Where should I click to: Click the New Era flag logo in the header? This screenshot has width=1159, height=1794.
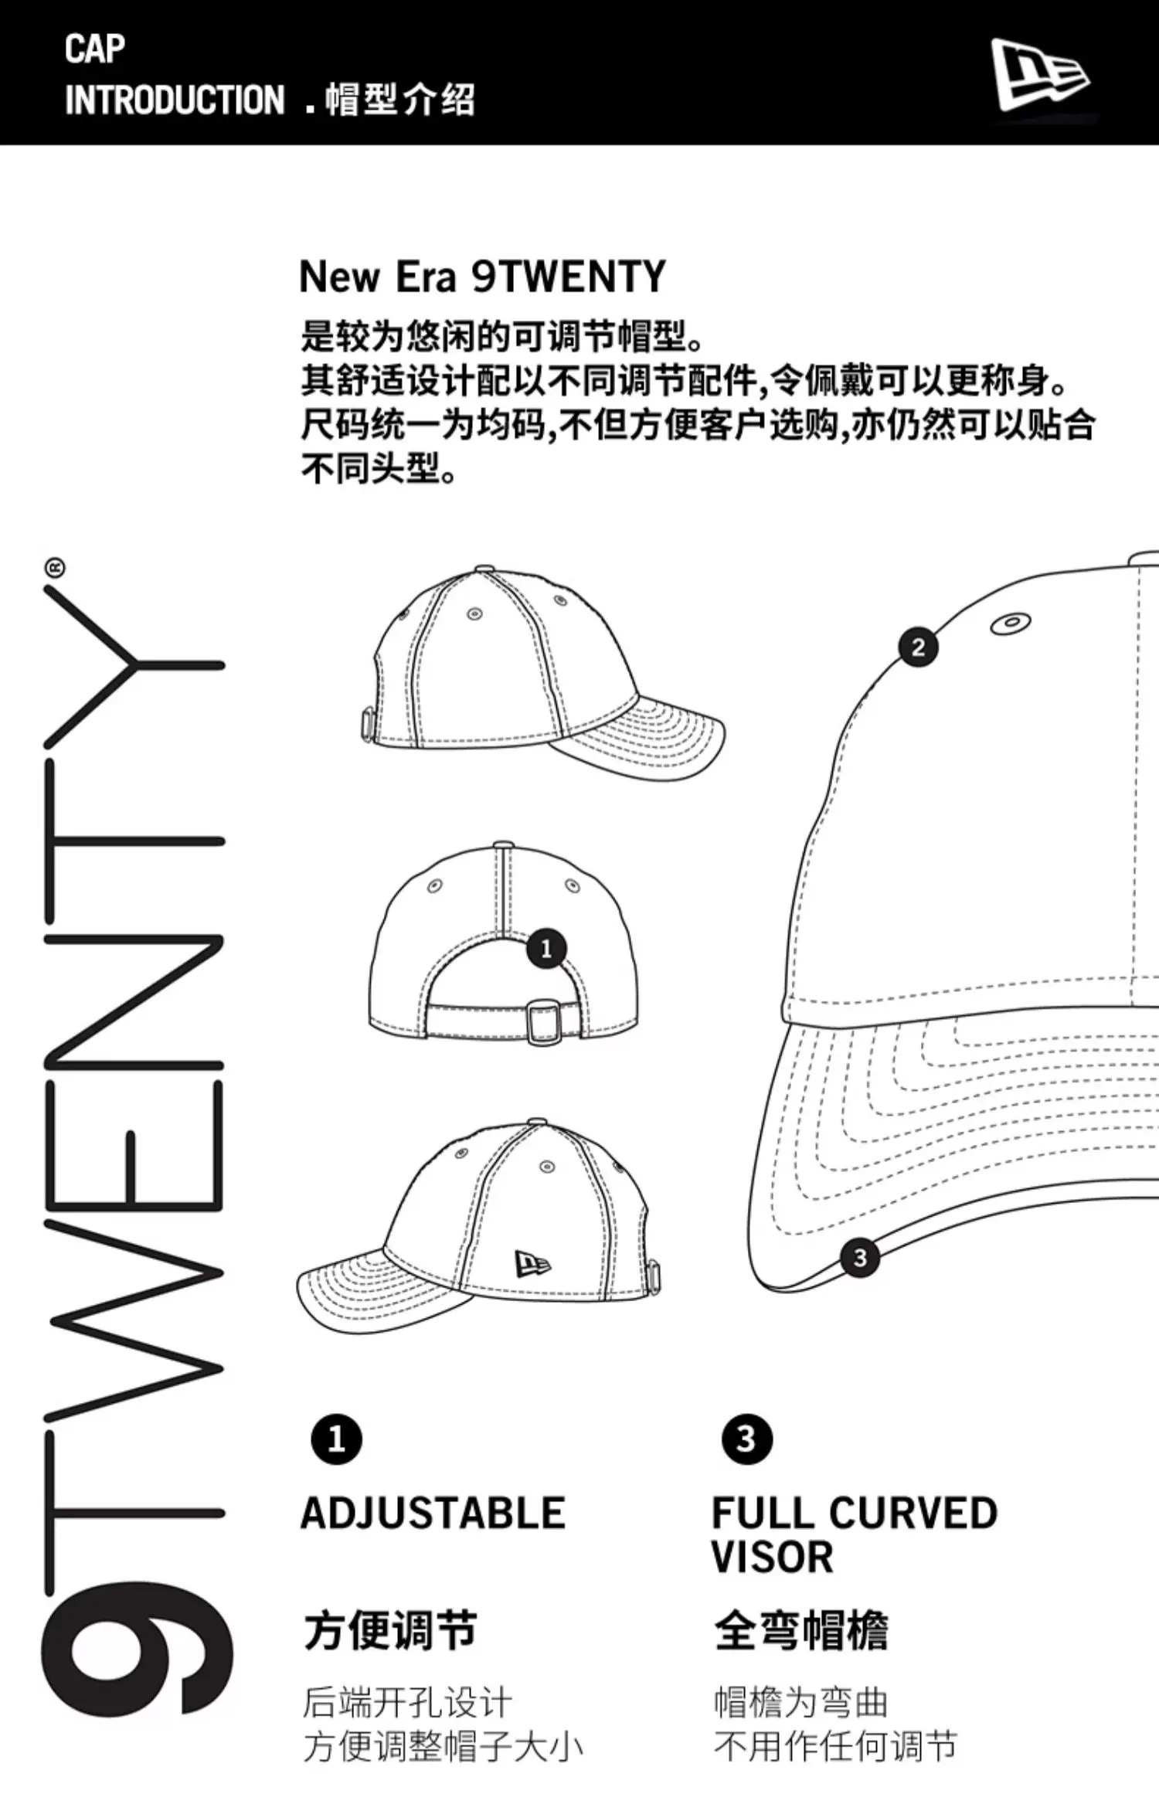1040,75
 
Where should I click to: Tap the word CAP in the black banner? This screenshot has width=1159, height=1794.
94,49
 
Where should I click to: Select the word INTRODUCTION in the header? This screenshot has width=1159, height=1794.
175,100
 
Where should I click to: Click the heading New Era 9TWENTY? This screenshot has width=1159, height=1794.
482,277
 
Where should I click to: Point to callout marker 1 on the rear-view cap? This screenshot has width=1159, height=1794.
546,949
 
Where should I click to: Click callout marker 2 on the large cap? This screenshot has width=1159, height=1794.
918,647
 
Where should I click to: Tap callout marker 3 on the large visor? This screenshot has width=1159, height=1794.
859,1258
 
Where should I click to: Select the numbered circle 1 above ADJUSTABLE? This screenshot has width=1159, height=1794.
336,1439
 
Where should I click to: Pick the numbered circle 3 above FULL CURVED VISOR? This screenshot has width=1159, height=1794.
746,1439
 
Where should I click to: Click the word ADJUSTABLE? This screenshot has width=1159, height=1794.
433,1513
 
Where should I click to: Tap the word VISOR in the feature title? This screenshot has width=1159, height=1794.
772,1557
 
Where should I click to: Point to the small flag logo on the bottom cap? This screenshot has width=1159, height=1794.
533,1265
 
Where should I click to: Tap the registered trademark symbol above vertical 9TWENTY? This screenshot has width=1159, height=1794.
56,568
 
